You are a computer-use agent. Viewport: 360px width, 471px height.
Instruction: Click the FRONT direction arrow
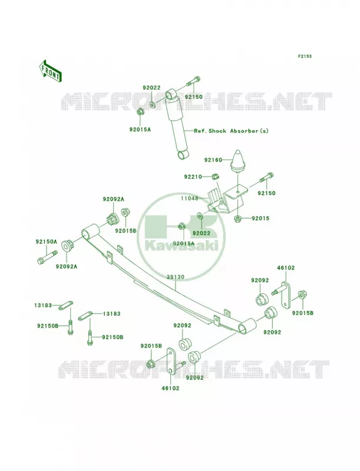tap(50, 71)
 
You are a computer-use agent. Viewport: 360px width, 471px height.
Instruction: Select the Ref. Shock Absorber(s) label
tap(231, 131)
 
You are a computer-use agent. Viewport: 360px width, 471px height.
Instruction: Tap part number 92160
tap(213, 160)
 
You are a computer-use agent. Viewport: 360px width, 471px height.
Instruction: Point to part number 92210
tap(193, 177)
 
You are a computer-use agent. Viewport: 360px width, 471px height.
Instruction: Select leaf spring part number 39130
tap(176, 277)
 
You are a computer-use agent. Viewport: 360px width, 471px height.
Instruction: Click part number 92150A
tap(47, 241)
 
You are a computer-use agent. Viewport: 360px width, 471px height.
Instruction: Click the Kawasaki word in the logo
tap(181, 246)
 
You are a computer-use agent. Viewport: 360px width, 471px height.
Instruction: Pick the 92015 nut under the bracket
tap(237, 218)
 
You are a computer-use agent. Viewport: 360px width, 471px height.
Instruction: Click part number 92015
tap(260, 218)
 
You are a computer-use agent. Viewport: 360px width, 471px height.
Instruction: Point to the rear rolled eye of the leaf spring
tap(247, 326)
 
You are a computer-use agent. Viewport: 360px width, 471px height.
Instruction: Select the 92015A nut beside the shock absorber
tap(140, 112)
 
